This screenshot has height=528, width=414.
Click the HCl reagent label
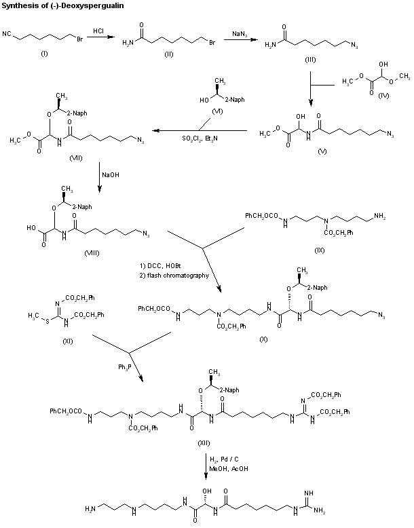click(x=98, y=31)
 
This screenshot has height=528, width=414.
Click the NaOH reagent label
click(x=111, y=174)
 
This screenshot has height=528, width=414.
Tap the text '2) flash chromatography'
click(x=174, y=276)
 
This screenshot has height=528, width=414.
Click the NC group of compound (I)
click(x=6, y=33)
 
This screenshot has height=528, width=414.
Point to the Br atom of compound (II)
click(x=212, y=43)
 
